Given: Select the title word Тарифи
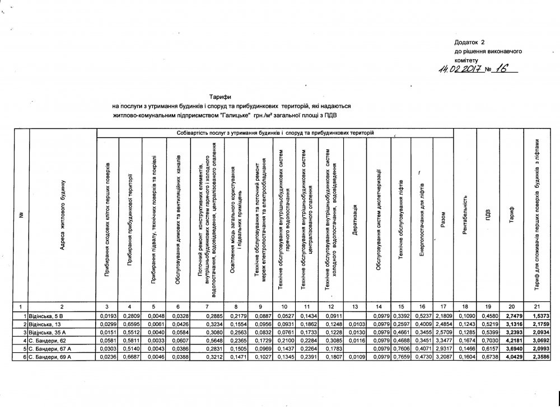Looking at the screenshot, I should pyautogui.click(x=218, y=97).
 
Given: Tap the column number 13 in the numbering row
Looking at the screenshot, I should pyautogui.click(x=355, y=306).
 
